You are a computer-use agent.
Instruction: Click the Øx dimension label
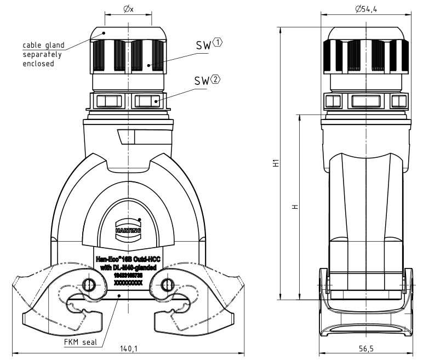(128, 9)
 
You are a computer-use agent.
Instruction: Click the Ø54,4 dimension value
(366, 9)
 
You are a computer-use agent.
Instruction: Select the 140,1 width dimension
(128, 348)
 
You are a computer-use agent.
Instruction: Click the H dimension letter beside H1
(295, 207)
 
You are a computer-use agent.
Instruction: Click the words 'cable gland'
(43, 45)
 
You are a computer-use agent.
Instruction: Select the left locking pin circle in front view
(89, 283)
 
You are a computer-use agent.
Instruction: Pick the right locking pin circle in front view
(166, 283)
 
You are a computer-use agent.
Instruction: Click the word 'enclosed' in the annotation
(38, 64)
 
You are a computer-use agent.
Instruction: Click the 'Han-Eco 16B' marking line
(128, 259)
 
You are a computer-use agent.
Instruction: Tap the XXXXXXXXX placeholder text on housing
(128, 283)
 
